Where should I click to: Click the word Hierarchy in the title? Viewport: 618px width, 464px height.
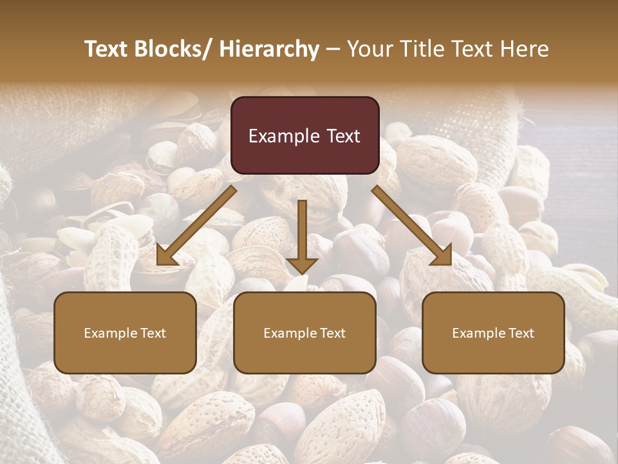268,49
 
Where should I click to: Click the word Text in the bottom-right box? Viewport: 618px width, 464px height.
521,333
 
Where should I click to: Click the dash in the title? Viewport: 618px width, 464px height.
333,49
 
